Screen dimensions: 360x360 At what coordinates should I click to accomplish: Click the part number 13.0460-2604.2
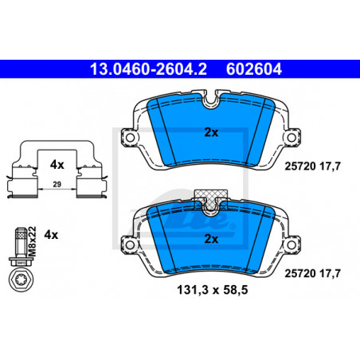[x=148, y=69]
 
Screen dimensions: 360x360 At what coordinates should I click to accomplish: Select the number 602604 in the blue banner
[x=254, y=69]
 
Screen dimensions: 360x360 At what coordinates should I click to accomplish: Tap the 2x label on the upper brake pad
[x=211, y=132]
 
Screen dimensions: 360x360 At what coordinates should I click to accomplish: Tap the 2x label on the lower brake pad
[x=211, y=239]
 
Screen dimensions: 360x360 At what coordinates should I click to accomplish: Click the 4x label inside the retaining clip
[x=57, y=165]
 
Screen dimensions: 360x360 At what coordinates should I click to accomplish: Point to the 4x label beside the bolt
[x=51, y=235]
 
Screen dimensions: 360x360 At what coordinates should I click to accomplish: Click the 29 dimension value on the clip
[x=57, y=184]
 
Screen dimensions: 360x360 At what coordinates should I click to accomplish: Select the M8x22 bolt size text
[x=32, y=241]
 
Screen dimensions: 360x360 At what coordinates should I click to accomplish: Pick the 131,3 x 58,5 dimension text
[x=213, y=290]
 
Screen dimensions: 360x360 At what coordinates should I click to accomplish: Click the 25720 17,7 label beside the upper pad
[x=312, y=166]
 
